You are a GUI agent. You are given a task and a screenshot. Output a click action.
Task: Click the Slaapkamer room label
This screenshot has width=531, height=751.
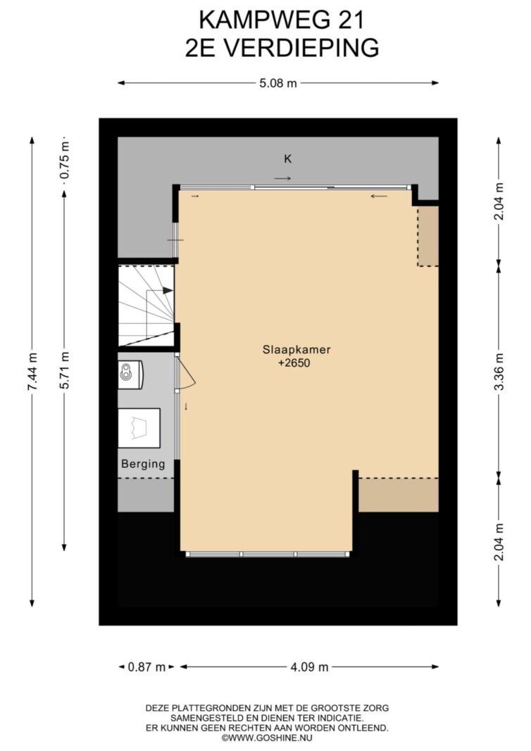click(296, 350)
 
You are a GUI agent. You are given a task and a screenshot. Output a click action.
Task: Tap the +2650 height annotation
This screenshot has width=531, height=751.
click(294, 363)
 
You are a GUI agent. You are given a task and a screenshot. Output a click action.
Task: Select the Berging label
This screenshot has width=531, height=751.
click(143, 464)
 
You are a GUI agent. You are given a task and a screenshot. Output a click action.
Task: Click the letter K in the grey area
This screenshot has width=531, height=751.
click(287, 159)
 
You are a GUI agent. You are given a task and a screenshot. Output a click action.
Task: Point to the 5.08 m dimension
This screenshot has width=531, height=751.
click(278, 83)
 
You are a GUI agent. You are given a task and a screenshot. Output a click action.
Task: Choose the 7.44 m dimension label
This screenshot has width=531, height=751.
click(32, 372)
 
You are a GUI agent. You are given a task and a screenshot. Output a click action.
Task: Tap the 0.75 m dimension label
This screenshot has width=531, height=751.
click(65, 165)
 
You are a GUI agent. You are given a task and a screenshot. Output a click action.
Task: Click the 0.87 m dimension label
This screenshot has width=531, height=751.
click(146, 667)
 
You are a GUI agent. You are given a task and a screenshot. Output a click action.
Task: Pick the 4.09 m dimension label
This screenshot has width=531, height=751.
click(310, 667)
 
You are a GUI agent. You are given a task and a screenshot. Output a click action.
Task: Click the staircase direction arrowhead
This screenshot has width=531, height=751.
click(167, 290)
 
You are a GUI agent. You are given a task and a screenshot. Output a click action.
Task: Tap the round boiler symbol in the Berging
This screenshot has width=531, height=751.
click(126, 372)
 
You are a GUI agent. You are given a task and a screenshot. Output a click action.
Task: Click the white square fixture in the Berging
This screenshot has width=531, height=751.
click(139, 428)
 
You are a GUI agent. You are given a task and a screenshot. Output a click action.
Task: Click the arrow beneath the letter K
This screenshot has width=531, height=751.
click(282, 179)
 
